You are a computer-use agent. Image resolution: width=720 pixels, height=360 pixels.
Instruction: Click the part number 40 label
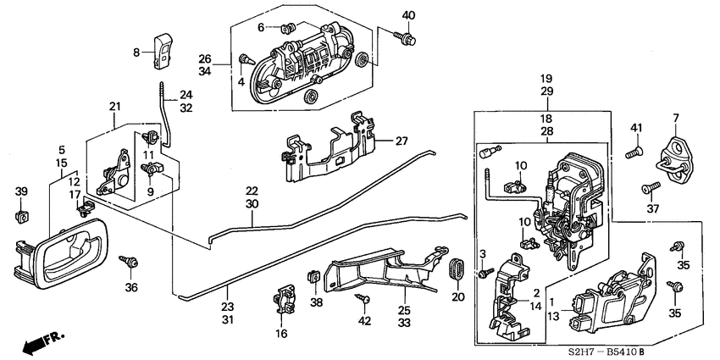(409, 15)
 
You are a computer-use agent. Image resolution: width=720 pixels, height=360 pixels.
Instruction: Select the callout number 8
(137, 53)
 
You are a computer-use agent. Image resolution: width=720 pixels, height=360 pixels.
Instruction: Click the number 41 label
(636, 127)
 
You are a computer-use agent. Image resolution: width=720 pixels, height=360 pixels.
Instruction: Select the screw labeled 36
(130, 262)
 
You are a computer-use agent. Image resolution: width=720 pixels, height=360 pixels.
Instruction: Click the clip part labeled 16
(283, 302)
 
